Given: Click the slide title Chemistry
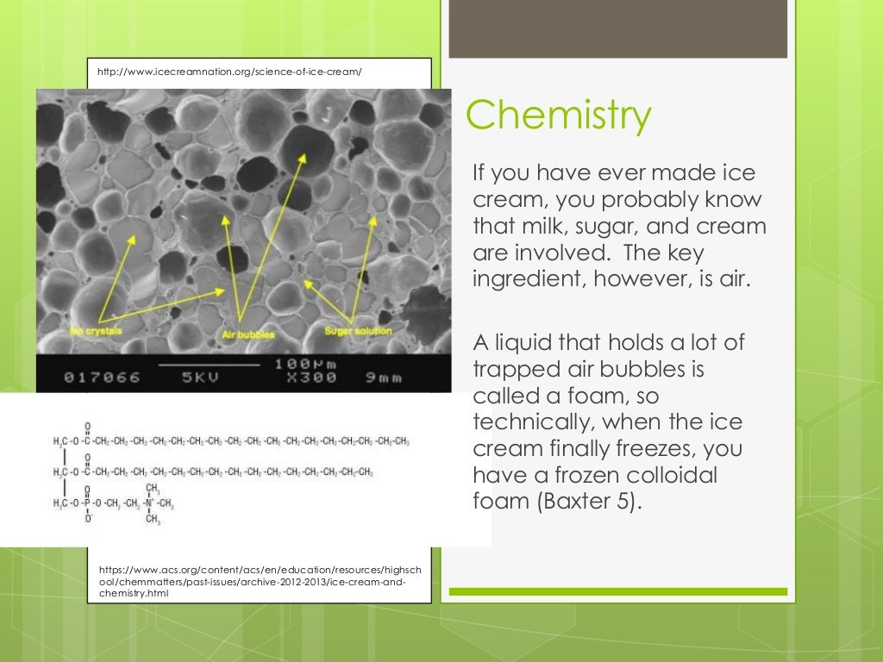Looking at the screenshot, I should click(x=558, y=117).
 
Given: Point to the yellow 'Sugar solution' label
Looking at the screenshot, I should click(x=358, y=331).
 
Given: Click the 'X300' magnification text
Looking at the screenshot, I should click(x=305, y=378).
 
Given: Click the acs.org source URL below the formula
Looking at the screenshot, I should click(x=260, y=583).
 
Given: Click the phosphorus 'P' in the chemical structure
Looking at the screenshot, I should click(x=87, y=503).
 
